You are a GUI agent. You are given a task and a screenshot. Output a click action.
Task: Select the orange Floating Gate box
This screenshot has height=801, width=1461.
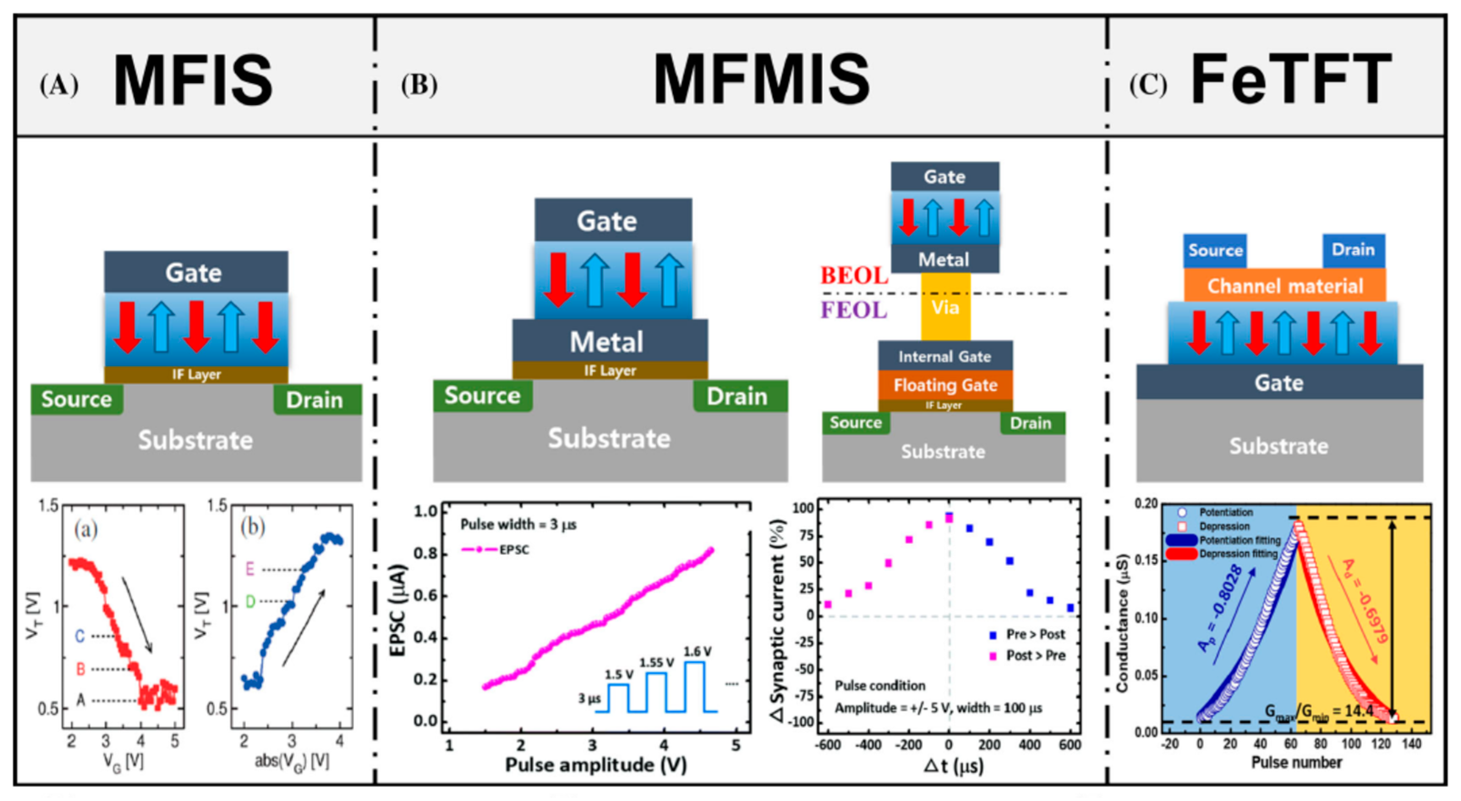(945, 385)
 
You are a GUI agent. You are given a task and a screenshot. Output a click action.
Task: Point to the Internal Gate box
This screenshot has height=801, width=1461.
(945, 356)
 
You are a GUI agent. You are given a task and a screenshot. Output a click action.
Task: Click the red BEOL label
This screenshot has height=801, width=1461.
(854, 276)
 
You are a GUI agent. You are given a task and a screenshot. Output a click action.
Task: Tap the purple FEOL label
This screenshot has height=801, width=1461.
(854, 310)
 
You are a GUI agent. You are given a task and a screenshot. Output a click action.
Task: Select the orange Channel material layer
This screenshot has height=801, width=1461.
(1285, 286)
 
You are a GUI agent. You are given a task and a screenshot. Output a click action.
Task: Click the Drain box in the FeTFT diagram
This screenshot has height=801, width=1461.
(1353, 250)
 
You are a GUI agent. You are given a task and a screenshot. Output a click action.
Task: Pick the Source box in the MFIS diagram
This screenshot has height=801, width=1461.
(77, 399)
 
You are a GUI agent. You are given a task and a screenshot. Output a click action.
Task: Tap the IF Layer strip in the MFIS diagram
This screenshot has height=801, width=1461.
(196, 374)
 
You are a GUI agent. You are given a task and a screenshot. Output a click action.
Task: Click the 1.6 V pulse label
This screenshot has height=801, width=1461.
(697, 652)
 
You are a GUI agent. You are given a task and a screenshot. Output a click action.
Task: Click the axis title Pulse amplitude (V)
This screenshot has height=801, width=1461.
(596, 765)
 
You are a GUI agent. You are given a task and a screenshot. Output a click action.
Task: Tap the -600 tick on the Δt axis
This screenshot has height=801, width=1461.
(828, 745)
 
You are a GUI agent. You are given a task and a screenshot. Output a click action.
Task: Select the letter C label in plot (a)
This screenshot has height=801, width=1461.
(80, 636)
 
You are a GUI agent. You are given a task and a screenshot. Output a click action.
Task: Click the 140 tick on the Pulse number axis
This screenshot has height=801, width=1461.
(1411, 744)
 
